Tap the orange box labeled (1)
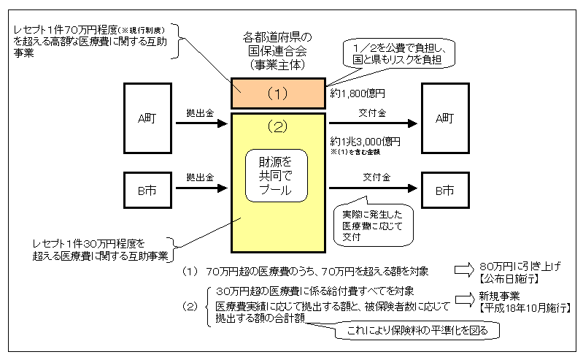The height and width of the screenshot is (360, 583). pos(277,93)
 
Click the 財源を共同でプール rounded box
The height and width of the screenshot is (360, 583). pos(277,175)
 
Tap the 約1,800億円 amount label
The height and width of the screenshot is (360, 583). pos(357,93)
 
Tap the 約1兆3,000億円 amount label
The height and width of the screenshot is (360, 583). pos(365,141)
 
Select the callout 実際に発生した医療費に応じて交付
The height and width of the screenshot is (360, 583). pos(371,221)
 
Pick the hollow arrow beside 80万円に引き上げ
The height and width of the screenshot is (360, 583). pos(464,270)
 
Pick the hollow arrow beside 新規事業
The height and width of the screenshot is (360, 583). pos(464,299)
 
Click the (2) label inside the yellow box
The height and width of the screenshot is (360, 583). pos(277,126)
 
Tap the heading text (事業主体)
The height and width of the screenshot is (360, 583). pos(277,64)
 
